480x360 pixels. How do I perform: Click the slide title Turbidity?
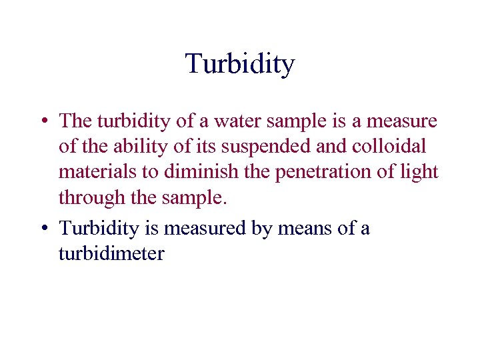pyautogui.click(x=240, y=64)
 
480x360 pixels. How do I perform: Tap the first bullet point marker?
pyautogui.click(x=43, y=122)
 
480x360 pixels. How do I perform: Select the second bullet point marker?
pyautogui.click(x=43, y=229)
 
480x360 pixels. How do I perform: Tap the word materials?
pyautogui.click(x=94, y=172)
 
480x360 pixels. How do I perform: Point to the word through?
pyautogui.click(x=91, y=197)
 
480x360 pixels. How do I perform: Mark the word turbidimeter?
pyautogui.click(x=111, y=253)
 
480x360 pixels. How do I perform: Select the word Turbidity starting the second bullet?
pyautogui.click(x=101, y=228)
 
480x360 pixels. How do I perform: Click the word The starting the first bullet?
pyautogui.click(x=75, y=121)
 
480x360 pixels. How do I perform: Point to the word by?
pyautogui.click(x=261, y=229)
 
